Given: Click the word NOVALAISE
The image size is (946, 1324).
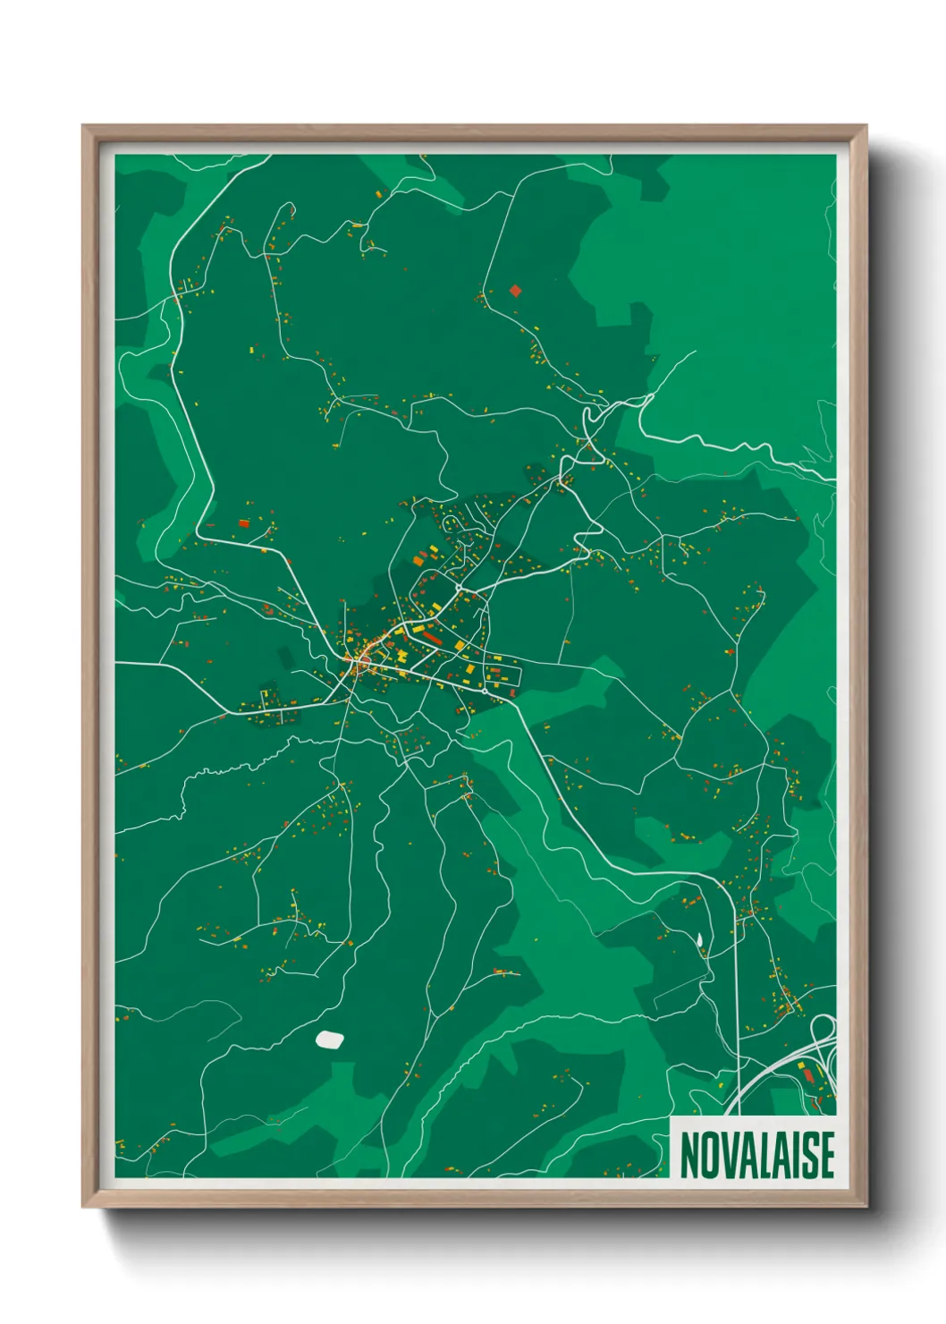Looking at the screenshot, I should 756,1155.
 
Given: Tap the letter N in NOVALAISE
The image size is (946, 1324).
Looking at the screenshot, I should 689,1155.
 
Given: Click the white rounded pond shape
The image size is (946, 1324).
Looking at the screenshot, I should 330,1039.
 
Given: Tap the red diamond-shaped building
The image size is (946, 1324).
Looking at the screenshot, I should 515,290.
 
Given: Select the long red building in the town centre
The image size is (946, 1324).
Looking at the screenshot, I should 433,638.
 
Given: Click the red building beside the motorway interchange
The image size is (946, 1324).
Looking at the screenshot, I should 812,1074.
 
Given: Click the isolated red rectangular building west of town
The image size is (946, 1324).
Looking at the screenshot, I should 244,523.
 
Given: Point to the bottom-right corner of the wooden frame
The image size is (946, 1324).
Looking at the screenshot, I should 865,1205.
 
